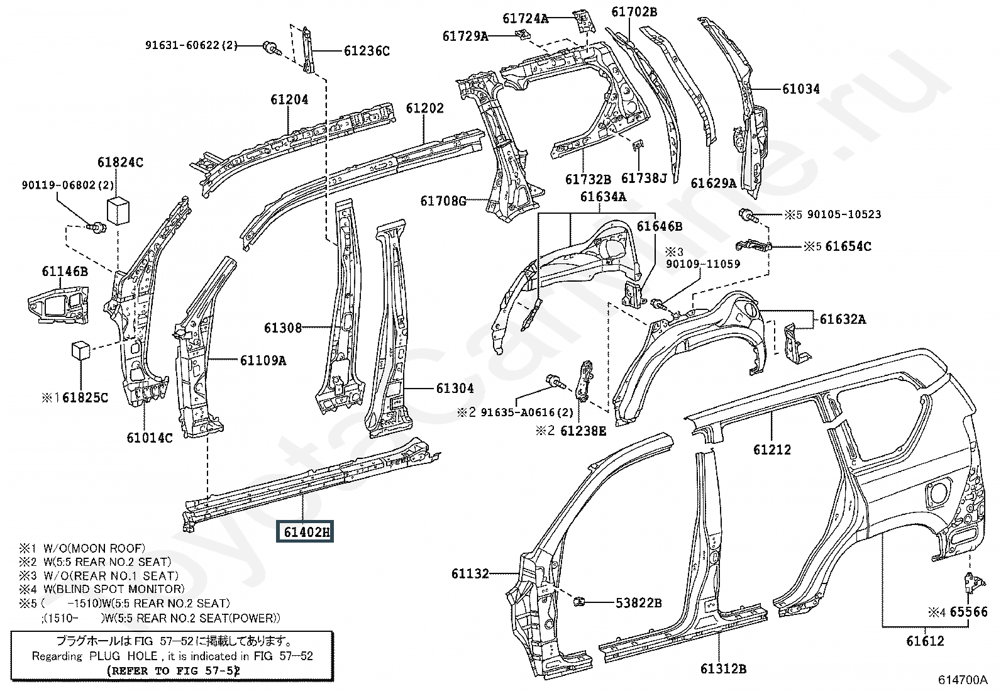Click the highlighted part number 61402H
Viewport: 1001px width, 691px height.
point(305,531)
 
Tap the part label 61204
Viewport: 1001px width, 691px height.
point(289,99)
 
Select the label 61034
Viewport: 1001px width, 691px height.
point(801,89)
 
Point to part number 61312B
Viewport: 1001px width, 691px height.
point(724,668)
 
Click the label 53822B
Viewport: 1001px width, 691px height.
point(639,603)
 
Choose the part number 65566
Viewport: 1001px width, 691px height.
point(969,611)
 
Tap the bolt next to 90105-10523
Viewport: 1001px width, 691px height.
point(748,215)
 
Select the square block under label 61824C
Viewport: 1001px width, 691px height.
point(118,211)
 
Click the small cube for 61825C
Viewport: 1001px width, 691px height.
point(81,350)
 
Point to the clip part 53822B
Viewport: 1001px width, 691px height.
point(579,602)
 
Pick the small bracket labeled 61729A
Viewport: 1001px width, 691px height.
point(521,35)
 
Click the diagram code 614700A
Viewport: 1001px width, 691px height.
point(963,680)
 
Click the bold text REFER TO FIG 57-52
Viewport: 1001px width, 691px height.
point(174,670)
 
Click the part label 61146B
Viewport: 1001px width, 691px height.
point(65,271)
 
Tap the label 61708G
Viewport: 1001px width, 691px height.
point(443,201)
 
